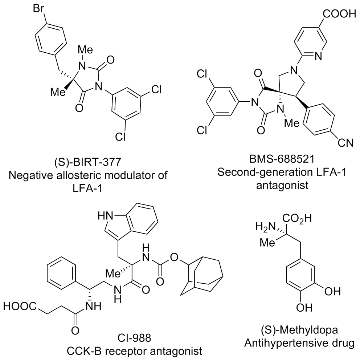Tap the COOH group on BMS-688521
(339, 13)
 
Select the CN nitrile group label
(345, 143)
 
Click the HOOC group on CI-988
(19, 306)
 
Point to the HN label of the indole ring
(105, 216)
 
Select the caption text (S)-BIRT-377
(87, 163)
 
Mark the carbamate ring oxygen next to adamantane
(175, 256)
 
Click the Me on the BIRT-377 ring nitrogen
(86, 49)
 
